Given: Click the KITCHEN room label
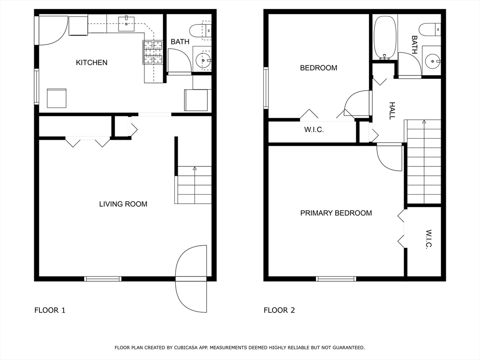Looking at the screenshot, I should pyautogui.click(x=92, y=62).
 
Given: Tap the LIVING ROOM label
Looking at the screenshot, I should pyautogui.click(x=123, y=204).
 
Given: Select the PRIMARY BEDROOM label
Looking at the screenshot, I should pyautogui.click(x=336, y=213).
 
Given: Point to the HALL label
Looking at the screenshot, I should pyautogui.click(x=392, y=111).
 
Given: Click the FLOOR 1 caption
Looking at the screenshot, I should pyautogui.click(x=50, y=310).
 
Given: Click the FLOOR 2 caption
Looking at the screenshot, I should pyautogui.click(x=279, y=310).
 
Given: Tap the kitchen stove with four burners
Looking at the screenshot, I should pyautogui.click(x=153, y=52).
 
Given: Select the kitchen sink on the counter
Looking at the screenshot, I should pyautogui.click(x=126, y=23).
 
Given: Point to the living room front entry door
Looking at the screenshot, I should pyautogui.click(x=191, y=279).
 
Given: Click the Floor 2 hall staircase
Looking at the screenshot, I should pyautogui.click(x=424, y=162).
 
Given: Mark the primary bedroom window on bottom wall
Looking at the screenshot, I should pyautogui.click(x=336, y=279).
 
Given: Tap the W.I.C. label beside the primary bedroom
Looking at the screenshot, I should pyautogui.click(x=429, y=239).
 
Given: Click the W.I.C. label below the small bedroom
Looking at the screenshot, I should pyautogui.click(x=314, y=130).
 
